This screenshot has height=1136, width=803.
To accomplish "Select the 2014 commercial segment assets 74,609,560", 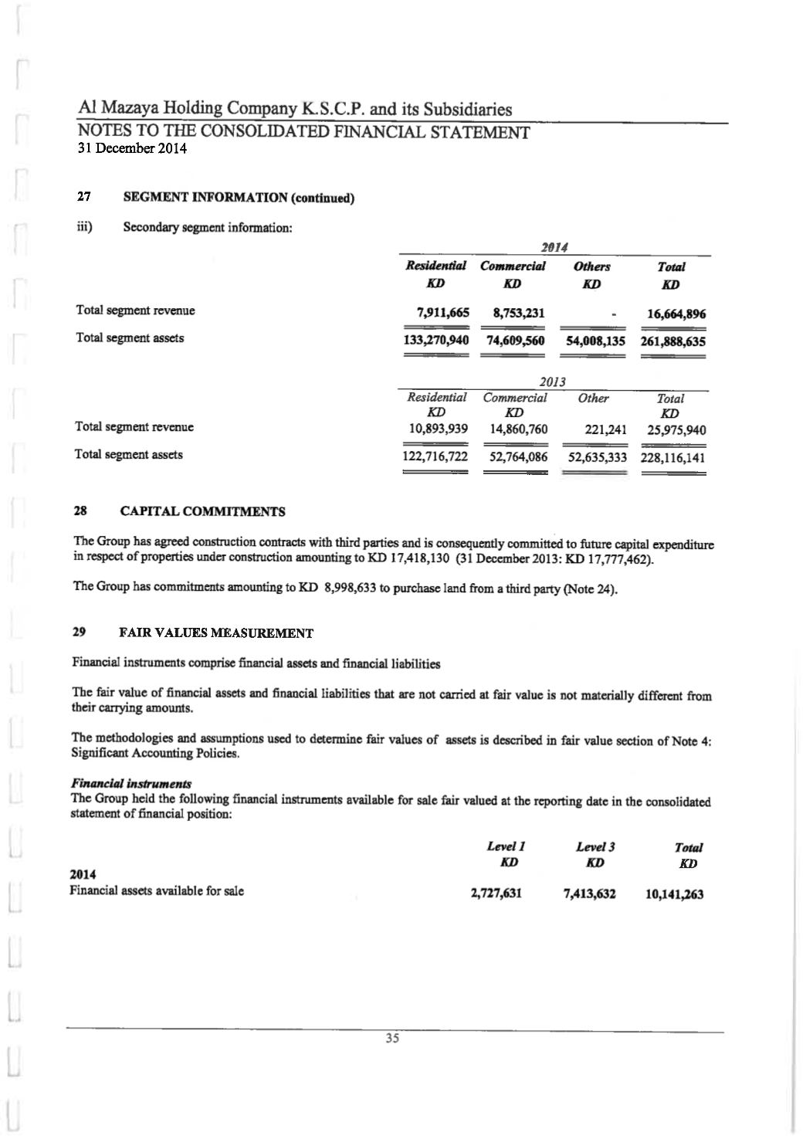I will tap(515, 341).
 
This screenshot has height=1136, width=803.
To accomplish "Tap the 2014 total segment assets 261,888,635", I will tap(673, 341).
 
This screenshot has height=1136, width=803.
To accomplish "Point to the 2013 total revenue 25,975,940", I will tap(676, 429).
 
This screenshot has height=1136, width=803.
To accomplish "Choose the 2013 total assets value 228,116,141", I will tap(673, 457).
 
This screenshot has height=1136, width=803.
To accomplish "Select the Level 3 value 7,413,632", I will tap(590, 894).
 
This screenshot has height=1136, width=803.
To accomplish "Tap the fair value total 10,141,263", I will tap(674, 895).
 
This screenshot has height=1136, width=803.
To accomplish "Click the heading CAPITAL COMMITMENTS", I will tap(203, 511).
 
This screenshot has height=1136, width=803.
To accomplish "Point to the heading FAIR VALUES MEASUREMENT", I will tap(216, 633).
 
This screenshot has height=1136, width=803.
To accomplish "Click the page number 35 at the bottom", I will tap(392, 1039).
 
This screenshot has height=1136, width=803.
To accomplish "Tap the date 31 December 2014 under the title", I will tap(132, 148).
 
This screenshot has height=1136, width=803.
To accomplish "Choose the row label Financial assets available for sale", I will tap(157, 890).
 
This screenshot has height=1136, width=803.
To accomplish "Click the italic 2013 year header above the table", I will tap(552, 381).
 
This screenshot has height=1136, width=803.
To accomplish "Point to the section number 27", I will tap(84, 197).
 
